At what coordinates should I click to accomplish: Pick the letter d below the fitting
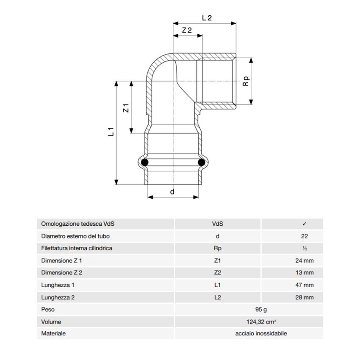click(172, 192)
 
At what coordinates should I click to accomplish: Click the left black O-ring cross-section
click(145, 162)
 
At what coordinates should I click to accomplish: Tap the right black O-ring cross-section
click(201, 162)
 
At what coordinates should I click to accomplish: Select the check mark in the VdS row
click(305, 224)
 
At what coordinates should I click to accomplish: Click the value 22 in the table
click(305, 236)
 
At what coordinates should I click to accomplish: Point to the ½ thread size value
click(305, 248)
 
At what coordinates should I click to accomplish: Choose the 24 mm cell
click(305, 260)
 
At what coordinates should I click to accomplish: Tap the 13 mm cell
click(305, 273)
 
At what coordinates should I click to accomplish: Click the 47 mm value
click(305, 285)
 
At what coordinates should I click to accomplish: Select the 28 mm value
click(305, 297)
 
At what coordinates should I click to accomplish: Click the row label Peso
click(48, 310)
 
